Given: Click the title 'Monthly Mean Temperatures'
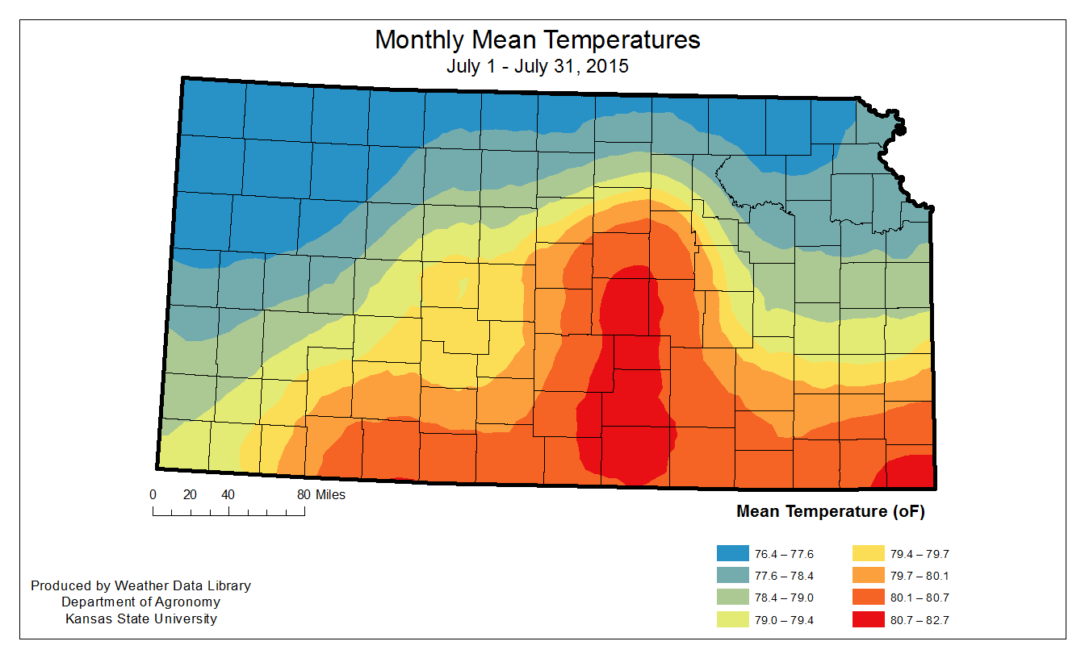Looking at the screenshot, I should [x=537, y=40].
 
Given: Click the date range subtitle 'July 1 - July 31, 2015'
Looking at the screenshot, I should [x=537, y=67].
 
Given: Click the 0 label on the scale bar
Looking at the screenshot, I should [x=153, y=495].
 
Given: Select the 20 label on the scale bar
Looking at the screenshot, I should [x=191, y=495].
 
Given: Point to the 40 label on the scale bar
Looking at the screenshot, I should [x=228, y=495].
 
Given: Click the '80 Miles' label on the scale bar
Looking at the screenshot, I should [x=321, y=495].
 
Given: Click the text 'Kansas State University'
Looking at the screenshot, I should [x=141, y=619].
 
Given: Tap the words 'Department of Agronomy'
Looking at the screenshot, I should [x=141, y=602].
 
